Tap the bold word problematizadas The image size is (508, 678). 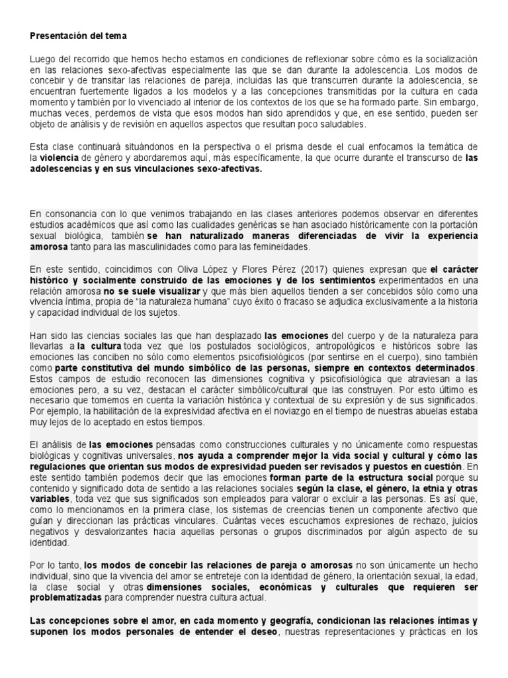click(66, 597)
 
